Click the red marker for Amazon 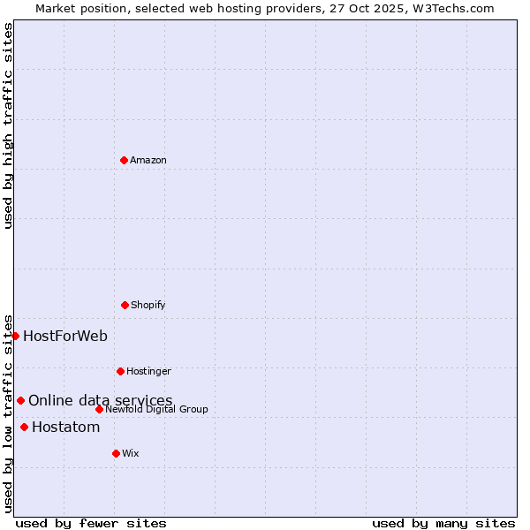click(x=124, y=160)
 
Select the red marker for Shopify click(x=125, y=305)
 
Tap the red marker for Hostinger click(x=120, y=371)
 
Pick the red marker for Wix click(x=116, y=453)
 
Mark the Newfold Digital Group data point click(x=99, y=409)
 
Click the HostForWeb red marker click(x=15, y=336)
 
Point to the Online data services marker click(x=20, y=400)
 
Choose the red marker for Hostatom click(x=24, y=428)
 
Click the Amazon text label click(x=148, y=160)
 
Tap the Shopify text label click(x=148, y=305)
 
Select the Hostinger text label click(x=148, y=371)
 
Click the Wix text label click(x=131, y=453)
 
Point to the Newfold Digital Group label click(x=156, y=409)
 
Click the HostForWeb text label click(x=65, y=336)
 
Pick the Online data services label click(x=101, y=400)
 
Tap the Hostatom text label click(x=66, y=428)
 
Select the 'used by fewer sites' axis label click(x=91, y=523)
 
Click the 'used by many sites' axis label click(x=443, y=523)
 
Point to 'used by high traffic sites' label click(x=8, y=125)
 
